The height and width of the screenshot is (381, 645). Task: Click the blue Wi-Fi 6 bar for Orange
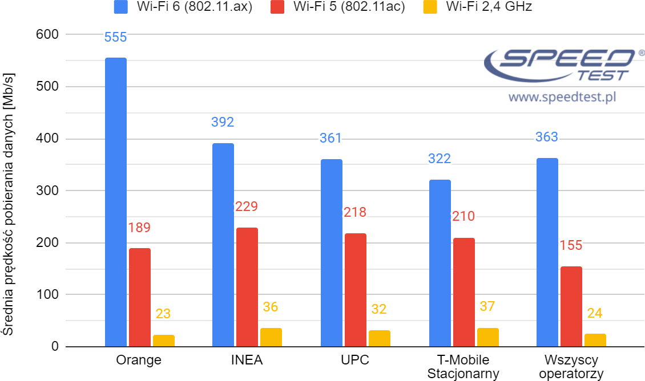click(116, 202)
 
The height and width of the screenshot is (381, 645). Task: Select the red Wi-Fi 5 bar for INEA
click(247, 287)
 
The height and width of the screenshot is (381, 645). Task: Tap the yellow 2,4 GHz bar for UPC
click(380, 338)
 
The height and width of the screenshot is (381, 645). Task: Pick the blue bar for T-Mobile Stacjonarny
click(440, 263)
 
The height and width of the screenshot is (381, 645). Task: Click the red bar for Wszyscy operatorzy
click(571, 306)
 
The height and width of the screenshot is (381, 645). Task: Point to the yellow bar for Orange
click(164, 341)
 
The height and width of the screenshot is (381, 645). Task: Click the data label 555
click(116, 38)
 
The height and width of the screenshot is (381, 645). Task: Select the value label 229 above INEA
click(247, 206)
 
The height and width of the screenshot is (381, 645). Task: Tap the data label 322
click(440, 159)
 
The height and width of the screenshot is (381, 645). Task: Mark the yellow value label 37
click(487, 307)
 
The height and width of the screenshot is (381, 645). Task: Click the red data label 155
click(571, 245)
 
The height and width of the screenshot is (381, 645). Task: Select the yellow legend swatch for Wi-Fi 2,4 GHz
click(432, 7)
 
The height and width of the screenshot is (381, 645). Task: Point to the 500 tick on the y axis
click(47, 87)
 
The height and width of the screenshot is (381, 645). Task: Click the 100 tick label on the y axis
click(47, 295)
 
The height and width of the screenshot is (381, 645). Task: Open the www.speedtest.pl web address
click(562, 97)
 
